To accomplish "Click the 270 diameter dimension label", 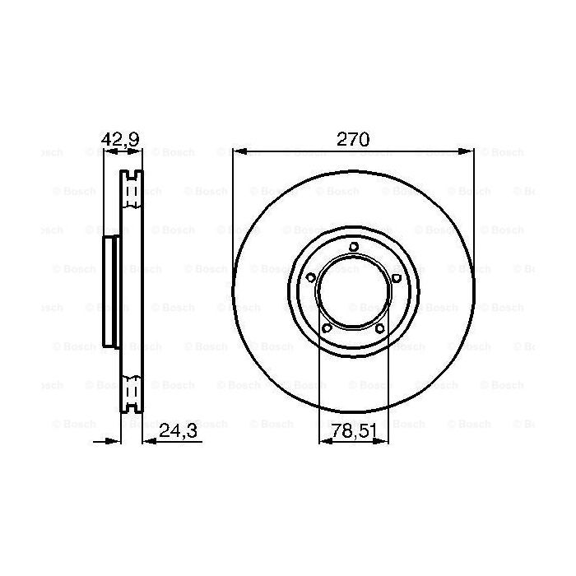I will (352, 139).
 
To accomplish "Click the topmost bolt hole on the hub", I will (353, 246).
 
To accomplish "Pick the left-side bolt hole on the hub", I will (310, 277).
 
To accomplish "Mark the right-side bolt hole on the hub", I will (396, 277).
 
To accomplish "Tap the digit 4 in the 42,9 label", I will (106, 139).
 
